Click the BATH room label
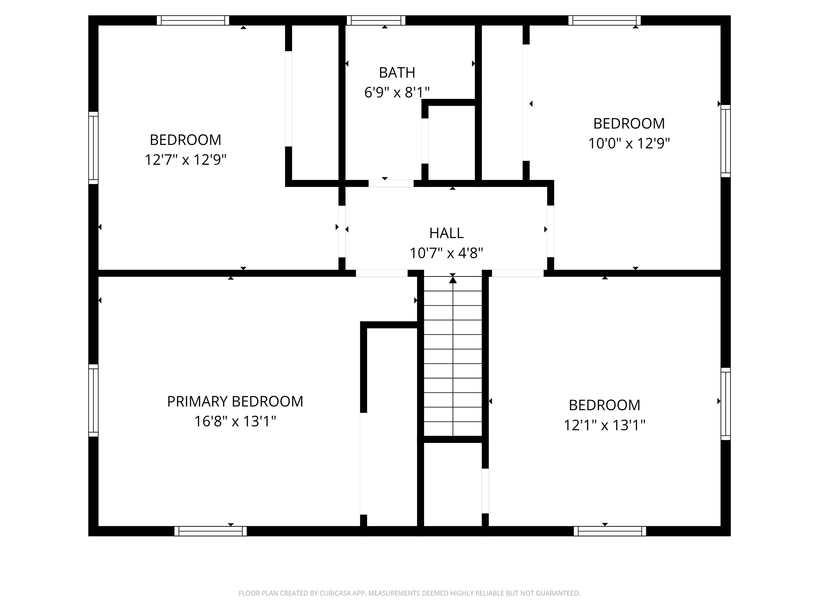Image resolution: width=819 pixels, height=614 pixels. click(397, 72)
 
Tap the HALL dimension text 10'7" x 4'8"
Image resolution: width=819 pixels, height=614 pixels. click(446, 253)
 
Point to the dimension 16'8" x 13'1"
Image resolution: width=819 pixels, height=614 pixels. click(235, 421)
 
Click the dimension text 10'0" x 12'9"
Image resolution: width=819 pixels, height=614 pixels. click(629, 143)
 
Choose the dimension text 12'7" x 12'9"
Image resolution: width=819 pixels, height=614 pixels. click(186, 160)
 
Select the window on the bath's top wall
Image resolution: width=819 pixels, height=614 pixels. click(376, 20)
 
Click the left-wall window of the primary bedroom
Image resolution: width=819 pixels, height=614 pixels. click(93, 401)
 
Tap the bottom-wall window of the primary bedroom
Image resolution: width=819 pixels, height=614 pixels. click(210, 531)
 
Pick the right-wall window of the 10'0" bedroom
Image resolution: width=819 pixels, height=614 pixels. click(725, 141)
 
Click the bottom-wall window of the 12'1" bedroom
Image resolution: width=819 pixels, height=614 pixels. click(610, 531)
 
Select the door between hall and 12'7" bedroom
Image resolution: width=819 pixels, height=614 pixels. click(342, 231)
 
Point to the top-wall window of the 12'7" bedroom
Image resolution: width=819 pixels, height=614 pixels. click(193, 20)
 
